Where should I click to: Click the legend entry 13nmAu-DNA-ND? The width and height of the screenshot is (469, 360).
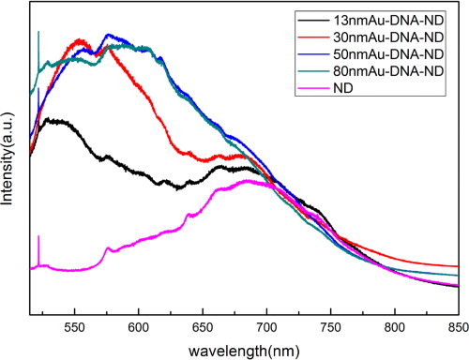(394, 19)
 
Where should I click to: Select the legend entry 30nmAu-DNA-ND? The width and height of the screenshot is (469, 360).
(394, 36)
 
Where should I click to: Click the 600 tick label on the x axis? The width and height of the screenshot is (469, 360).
(138, 325)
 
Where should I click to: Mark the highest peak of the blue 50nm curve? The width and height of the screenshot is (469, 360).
(110, 36)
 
